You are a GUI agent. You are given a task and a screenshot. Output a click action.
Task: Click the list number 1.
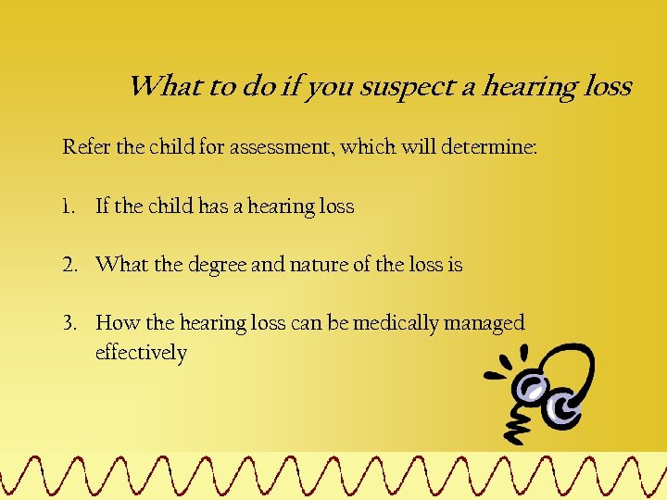pos(68,206)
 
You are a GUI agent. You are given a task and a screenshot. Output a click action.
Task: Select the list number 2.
pos(69,265)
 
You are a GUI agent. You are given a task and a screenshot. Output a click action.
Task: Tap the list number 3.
pos(69,323)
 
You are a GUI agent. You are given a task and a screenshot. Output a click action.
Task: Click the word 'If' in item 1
pos(103,206)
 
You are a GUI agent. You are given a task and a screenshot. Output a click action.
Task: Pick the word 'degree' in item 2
pos(216,265)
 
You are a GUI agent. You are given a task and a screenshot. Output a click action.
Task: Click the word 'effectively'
pos(141,353)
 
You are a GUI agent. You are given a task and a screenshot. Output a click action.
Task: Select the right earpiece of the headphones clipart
pos(564,406)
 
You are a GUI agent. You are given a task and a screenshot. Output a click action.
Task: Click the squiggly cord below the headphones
pos(516,423)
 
